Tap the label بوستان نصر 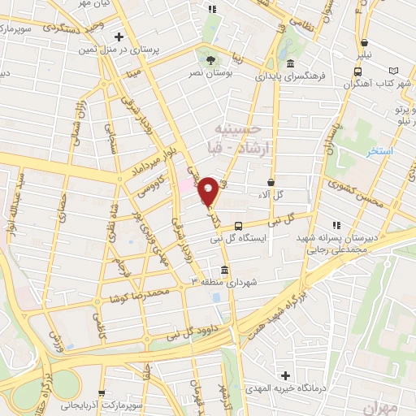[x=212, y=74]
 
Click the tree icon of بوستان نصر [x=212, y=59]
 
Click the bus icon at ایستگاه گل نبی [x=238, y=226]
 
